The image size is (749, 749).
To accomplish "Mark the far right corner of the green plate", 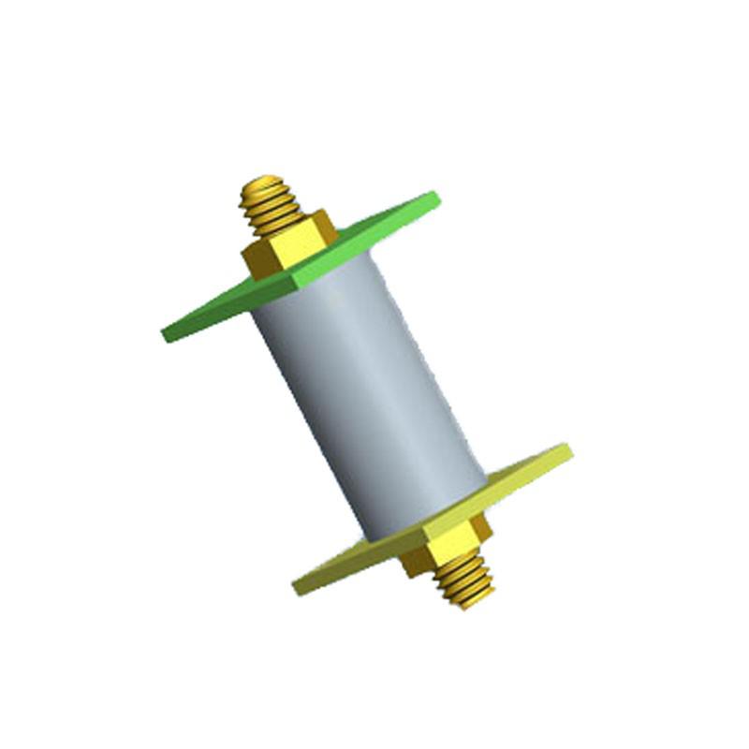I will tap(436, 196).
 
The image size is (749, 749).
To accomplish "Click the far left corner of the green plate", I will tap(165, 332).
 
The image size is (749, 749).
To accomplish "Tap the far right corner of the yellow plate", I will tap(570, 450).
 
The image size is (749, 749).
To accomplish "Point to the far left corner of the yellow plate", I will tap(295, 589).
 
